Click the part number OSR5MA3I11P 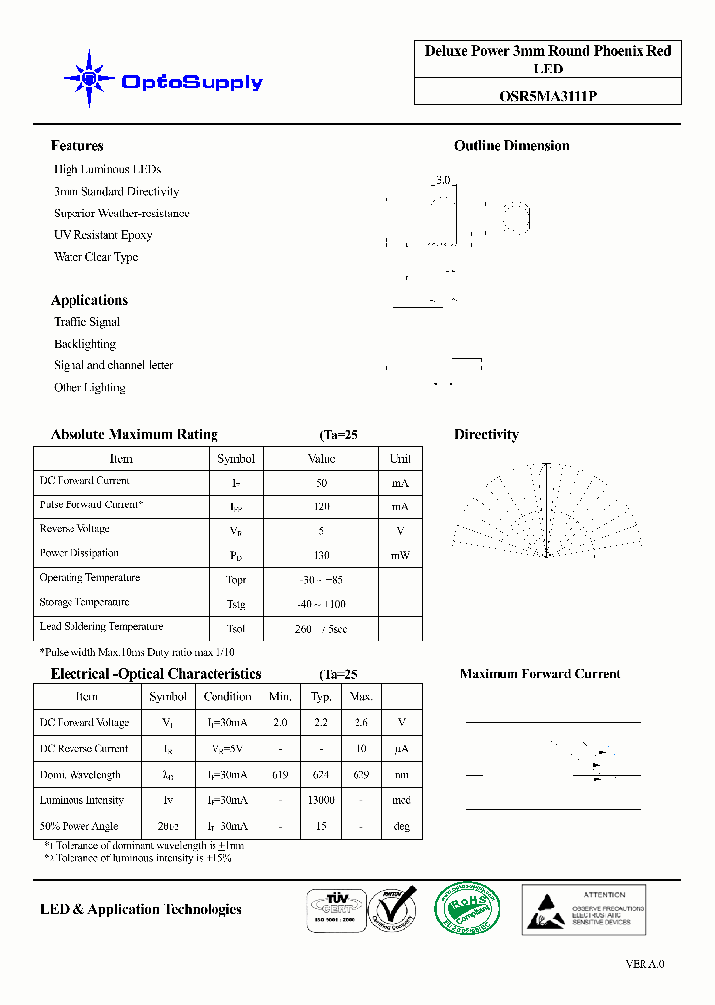point(548,96)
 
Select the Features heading point(76,146)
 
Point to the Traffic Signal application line point(86,322)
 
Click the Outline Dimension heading point(511,146)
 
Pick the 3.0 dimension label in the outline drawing point(442,181)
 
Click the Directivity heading point(486,435)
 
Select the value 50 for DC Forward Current point(321,483)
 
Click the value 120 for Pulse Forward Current point(321,506)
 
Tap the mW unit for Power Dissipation point(400,555)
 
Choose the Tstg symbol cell point(235,604)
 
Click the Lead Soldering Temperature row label point(100,627)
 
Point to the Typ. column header point(321,697)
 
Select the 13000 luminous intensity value point(321,800)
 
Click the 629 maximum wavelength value point(361,775)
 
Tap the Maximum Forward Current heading point(539,674)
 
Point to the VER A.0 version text point(644,964)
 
